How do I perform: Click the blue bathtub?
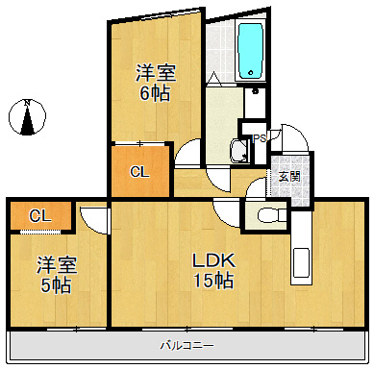(x=251, y=50)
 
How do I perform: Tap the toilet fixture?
(x=271, y=214)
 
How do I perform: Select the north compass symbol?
(x=27, y=117)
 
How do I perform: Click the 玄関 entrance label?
(x=289, y=177)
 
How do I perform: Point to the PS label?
(x=259, y=138)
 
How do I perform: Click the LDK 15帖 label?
(x=213, y=270)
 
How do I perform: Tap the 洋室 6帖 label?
(x=156, y=83)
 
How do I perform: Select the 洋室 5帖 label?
(x=57, y=274)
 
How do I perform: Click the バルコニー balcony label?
(x=187, y=346)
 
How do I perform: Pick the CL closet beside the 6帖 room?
(x=139, y=172)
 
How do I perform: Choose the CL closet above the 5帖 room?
(x=40, y=216)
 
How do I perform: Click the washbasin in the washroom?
(x=239, y=151)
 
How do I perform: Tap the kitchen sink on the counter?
(x=301, y=263)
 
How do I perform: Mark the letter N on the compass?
(x=28, y=103)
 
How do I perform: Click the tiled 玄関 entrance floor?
(x=290, y=181)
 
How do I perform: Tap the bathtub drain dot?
(x=251, y=73)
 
